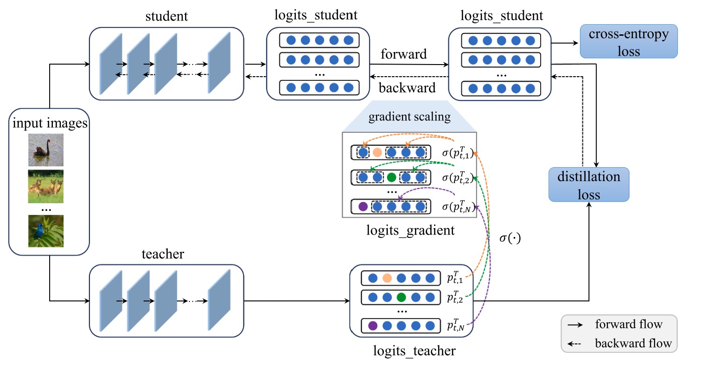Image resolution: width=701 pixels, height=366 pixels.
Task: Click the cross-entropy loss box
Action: (628, 41)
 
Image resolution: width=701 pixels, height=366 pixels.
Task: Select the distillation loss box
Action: (589, 184)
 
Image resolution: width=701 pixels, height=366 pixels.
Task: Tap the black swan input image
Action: (45, 150)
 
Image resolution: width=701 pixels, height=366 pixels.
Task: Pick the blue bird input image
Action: (45, 230)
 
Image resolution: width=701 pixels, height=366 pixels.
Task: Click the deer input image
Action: (45, 186)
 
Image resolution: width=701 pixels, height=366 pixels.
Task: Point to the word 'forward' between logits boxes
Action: (403, 54)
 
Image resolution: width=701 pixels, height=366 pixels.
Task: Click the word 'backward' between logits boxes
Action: (407, 87)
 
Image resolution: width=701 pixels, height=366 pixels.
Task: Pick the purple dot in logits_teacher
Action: (373, 326)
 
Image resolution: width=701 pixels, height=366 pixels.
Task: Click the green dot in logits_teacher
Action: (401, 297)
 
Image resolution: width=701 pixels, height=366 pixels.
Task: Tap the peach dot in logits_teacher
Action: (387, 278)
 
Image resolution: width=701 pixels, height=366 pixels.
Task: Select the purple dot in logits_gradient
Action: (363, 206)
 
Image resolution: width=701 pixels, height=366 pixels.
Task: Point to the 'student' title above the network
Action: (166, 17)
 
